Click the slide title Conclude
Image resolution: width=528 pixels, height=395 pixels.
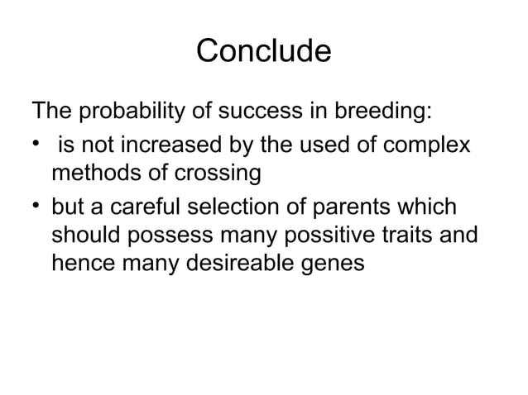click(x=263, y=51)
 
